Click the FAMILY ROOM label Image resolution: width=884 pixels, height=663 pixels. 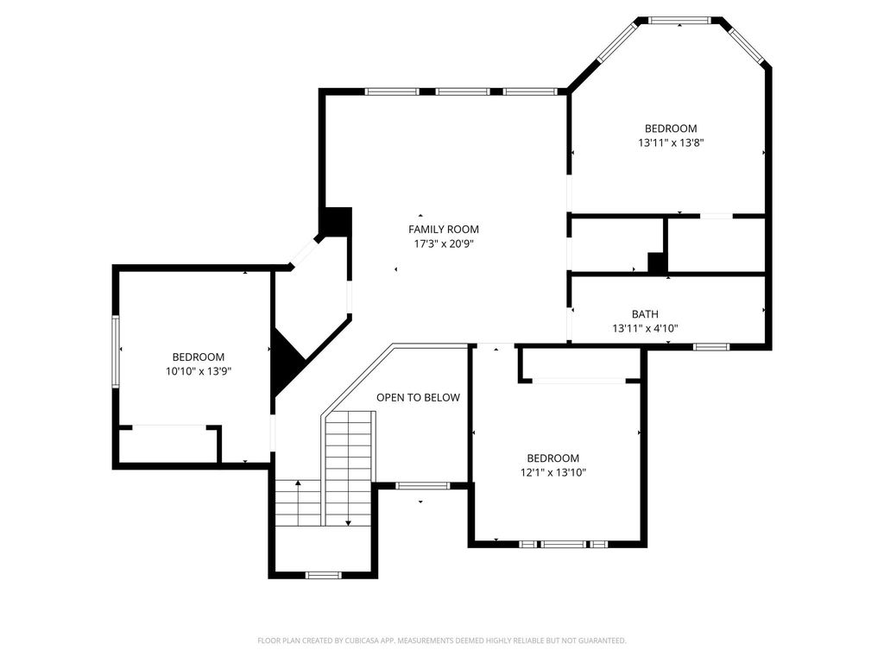point(443,230)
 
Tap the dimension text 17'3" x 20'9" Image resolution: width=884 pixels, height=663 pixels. point(443,244)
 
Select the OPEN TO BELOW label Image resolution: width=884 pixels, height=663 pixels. point(419,397)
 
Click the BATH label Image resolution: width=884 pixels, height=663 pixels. point(645,314)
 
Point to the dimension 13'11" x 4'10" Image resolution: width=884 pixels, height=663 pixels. point(645,328)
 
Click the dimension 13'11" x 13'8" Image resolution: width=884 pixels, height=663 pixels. point(671,142)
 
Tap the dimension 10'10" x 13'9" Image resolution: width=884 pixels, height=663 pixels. point(199,371)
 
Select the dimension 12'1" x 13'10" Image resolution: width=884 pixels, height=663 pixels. point(553,472)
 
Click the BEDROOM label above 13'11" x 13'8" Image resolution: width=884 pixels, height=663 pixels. point(671,129)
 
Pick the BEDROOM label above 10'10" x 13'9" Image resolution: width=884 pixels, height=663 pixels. point(199,357)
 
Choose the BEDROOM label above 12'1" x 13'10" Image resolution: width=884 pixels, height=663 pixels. point(553,458)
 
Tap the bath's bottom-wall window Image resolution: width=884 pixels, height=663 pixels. point(711,347)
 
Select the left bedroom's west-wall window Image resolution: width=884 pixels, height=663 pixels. point(116,352)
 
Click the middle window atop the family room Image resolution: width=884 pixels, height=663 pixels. point(463,92)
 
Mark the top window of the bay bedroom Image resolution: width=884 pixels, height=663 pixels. point(679,21)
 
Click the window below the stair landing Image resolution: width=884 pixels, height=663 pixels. point(324,575)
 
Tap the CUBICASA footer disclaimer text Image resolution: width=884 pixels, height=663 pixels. point(442,641)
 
